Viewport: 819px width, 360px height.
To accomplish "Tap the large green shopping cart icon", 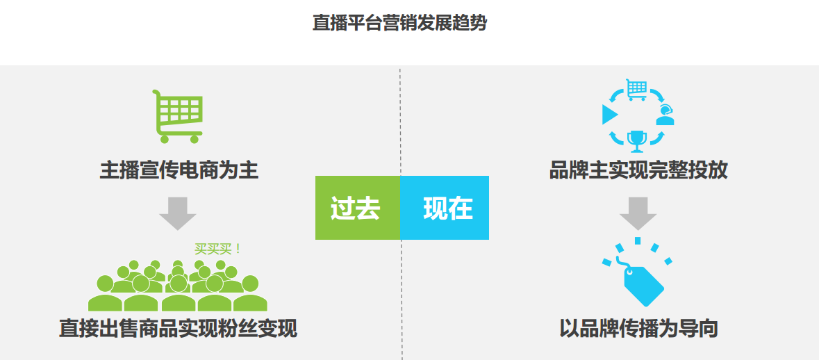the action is coord(178,116).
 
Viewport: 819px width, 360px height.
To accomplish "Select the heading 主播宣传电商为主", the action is coord(179,171).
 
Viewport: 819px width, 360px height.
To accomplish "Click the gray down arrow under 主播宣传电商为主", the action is coord(178,213).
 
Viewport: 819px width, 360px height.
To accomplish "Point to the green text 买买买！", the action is coord(217,249).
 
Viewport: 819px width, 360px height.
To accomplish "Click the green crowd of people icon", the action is coord(178,285).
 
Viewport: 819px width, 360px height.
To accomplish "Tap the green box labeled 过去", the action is coord(357,208).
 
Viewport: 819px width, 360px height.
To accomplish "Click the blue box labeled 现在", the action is coord(445,208).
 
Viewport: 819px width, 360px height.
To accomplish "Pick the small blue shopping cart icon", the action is coord(637,90).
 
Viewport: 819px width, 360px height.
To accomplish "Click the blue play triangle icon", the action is coord(609,115).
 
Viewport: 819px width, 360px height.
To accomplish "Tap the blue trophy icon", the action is coord(637,139).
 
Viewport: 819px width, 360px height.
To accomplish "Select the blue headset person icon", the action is coord(665,115).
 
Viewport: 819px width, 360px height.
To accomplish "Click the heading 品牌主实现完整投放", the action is coord(638,171).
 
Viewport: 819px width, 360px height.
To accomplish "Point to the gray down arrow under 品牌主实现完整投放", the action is coord(638,213).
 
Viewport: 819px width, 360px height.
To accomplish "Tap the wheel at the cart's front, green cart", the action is coord(195,139).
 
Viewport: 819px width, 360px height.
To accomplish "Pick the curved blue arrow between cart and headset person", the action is coord(658,95).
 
